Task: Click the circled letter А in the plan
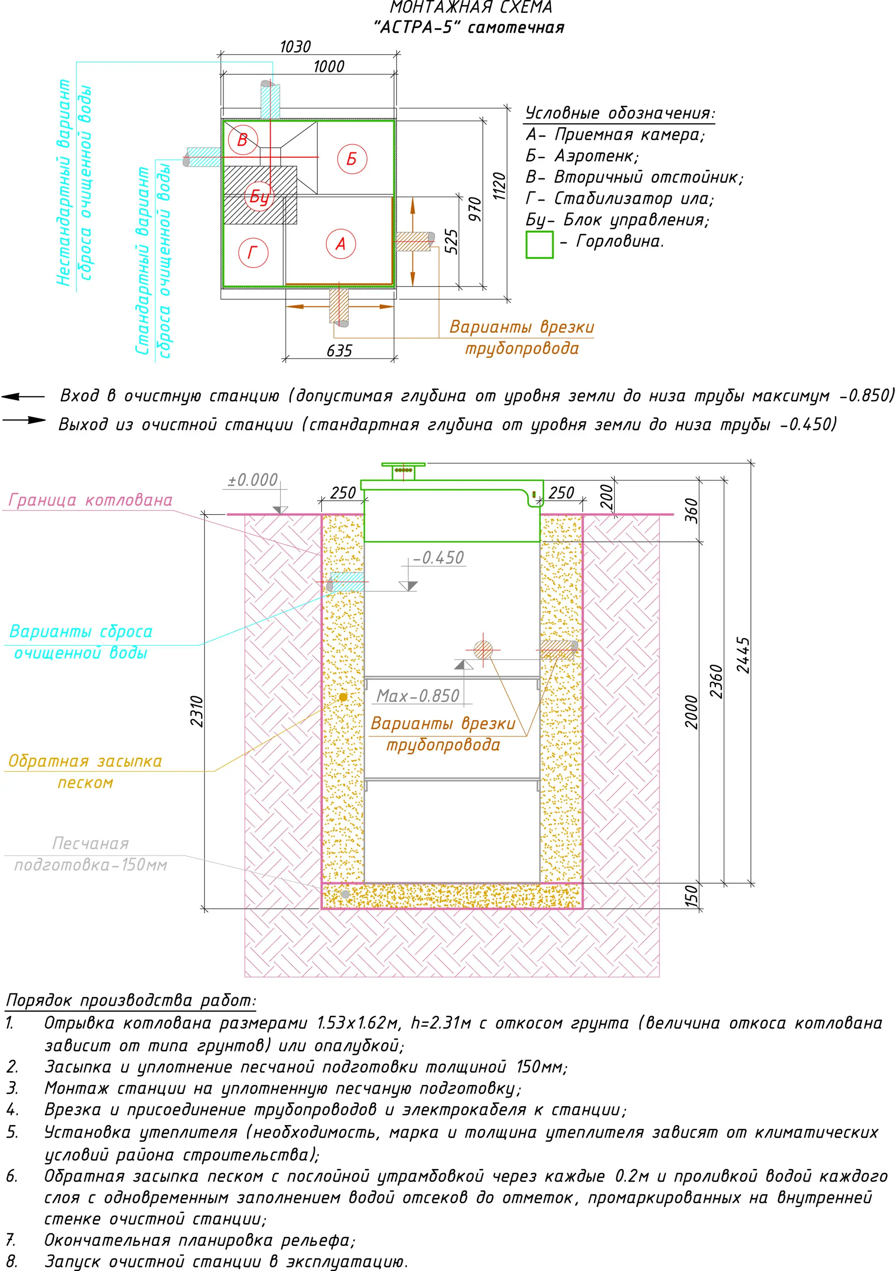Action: coord(341,244)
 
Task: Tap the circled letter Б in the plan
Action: coord(352,159)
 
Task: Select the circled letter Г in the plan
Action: coord(253,253)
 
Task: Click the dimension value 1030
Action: coord(295,47)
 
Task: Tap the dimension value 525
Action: coord(452,241)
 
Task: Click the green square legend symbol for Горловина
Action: coord(539,245)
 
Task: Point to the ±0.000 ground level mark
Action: coord(253,480)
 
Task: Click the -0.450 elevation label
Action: coord(439,558)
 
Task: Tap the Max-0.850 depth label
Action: coord(418,696)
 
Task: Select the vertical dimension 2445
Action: coord(743,655)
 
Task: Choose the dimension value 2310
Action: coord(197,711)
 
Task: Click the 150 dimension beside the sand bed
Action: coord(691,896)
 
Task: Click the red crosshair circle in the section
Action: coord(483,650)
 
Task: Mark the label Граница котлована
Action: coord(90,500)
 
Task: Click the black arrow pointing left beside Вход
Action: coord(22,396)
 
